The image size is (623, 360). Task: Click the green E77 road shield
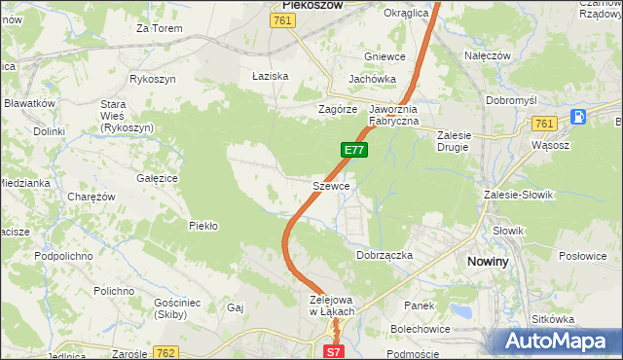(x=354, y=150)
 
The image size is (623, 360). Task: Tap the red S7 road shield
(x=334, y=351)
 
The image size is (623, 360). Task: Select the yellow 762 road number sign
(x=166, y=351)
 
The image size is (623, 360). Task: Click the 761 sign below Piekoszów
(x=282, y=21)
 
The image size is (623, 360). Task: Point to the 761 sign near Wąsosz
(x=545, y=123)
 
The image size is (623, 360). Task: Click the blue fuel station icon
(x=578, y=117)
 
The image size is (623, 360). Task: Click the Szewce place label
(x=331, y=185)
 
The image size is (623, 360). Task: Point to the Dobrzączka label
(x=385, y=254)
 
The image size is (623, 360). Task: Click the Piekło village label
(x=202, y=226)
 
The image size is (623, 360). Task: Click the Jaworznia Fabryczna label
(x=393, y=115)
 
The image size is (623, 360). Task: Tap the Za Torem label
(x=160, y=28)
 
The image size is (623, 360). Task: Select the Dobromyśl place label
(x=511, y=100)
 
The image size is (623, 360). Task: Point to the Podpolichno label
(x=63, y=255)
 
